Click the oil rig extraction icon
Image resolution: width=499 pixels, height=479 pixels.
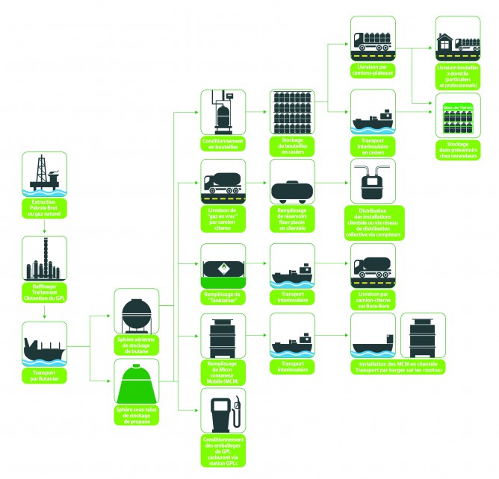(44, 174)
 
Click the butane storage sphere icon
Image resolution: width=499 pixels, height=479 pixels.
(135, 314)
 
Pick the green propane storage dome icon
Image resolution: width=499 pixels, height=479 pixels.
(135, 381)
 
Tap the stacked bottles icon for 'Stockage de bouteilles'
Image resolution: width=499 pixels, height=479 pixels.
(292, 113)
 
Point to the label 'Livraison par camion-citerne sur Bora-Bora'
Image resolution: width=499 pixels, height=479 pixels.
(374, 300)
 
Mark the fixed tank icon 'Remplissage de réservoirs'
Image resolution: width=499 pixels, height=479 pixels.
(292, 191)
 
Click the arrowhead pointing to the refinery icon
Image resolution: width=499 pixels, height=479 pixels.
(44, 233)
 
